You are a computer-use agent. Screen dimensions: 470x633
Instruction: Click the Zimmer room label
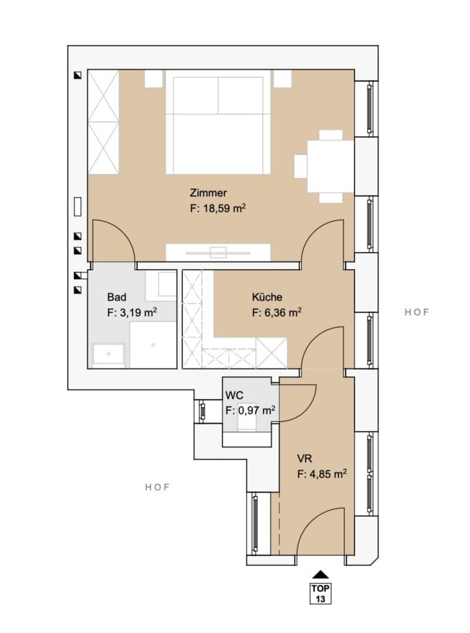click(x=208, y=193)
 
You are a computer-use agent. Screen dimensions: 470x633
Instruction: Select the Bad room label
click(x=116, y=297)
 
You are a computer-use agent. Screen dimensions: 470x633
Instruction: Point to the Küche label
click(x=267, y=297)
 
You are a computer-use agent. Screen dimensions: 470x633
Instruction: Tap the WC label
click(x=234, y=395)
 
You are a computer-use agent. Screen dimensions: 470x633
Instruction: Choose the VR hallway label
click(x=305, y=458)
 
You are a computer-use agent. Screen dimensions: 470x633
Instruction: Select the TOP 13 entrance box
click(x=320, y=593)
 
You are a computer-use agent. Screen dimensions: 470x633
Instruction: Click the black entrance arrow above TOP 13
click(x=320, y=574)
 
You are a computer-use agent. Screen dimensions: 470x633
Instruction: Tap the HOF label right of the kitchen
click(x=417, y=312)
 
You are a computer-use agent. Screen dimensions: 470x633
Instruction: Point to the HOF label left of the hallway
click(x=157, y=487)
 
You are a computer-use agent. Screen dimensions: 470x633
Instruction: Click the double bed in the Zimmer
click(x=218, y=122)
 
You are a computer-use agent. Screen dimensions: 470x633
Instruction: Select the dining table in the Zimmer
click(x=330, y=166)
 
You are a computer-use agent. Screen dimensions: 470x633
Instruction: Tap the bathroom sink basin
click(x=109, y=353)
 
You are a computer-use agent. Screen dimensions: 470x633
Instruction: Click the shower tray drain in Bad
click(x=153, y=345)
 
